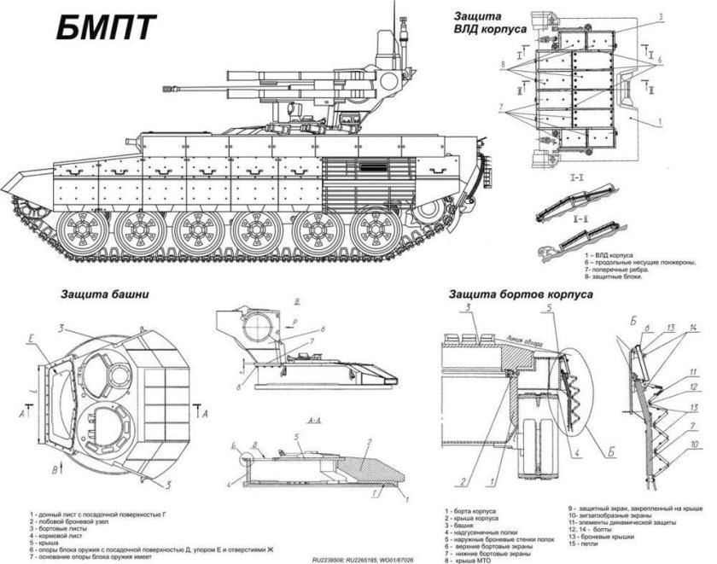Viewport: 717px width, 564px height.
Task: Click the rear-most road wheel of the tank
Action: coord(373,229)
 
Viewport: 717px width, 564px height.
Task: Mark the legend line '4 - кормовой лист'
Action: coord(55,536)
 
